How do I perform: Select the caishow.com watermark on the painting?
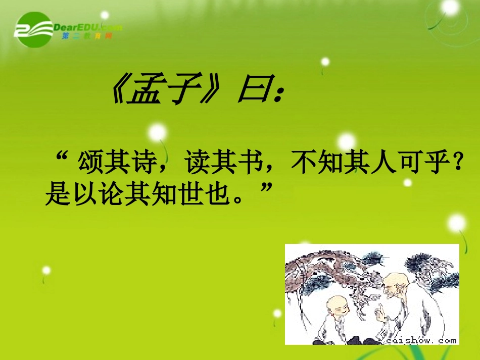(x=422, y=340)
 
